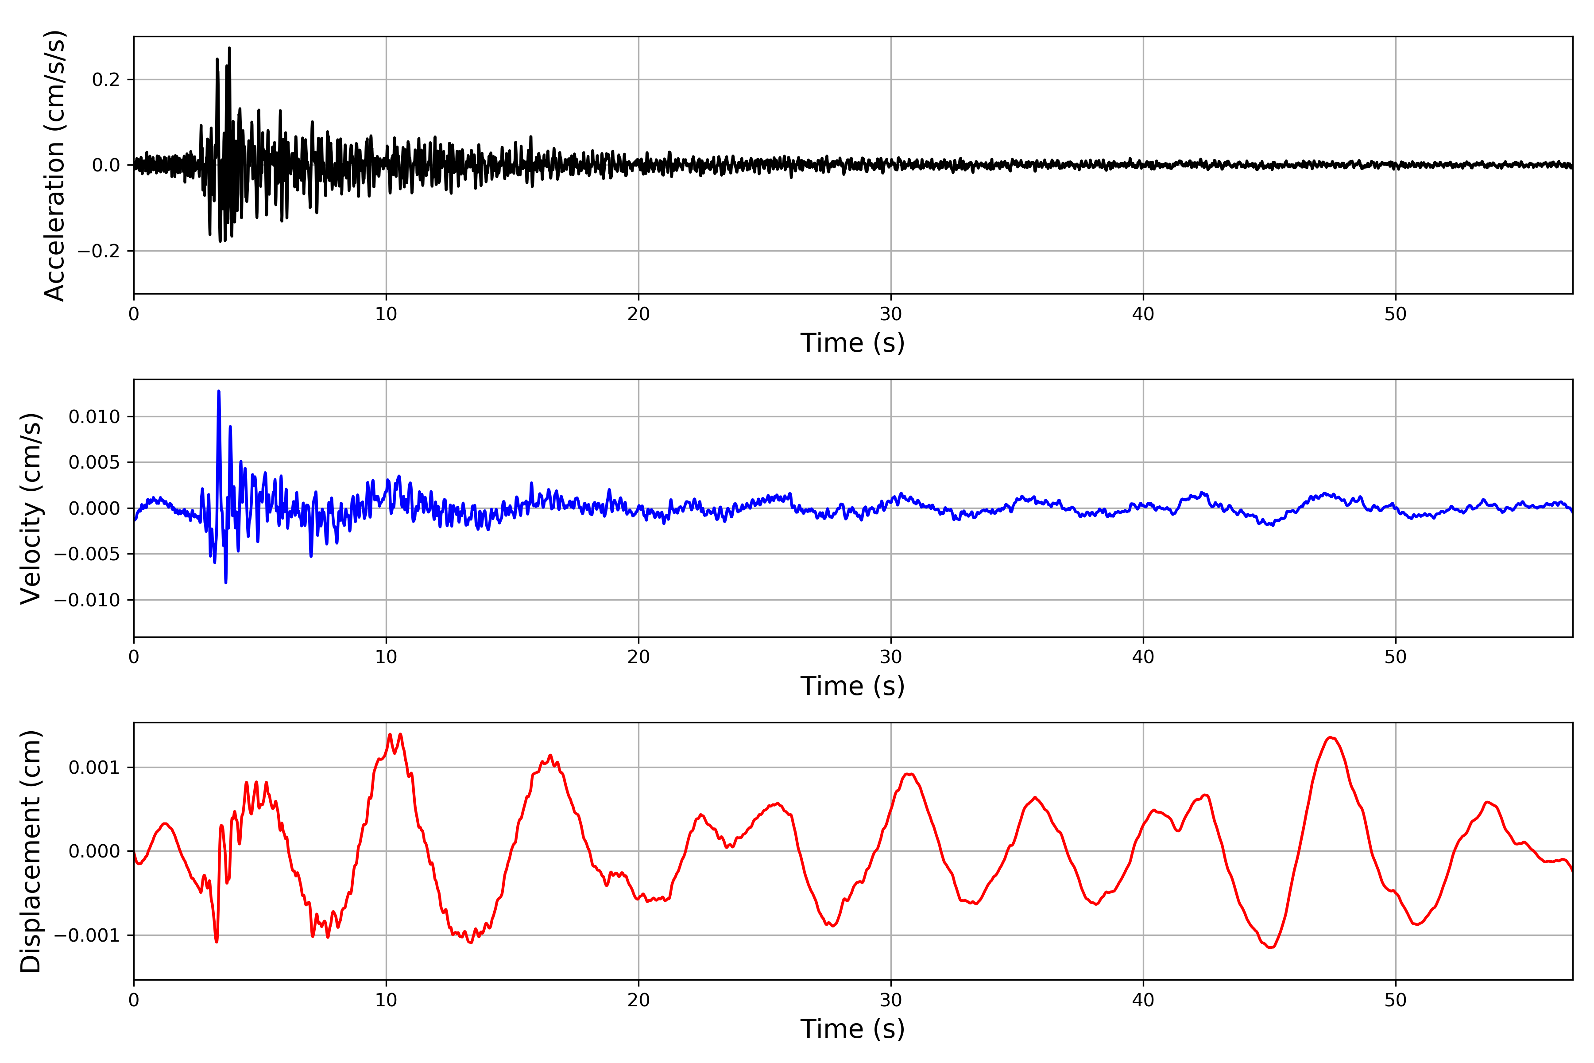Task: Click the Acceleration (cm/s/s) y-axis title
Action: (x=54, y=165)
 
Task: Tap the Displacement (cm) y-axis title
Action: (x=31, y=851)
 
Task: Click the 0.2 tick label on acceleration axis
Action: (x=106, y=80)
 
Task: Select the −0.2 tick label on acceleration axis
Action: (x=98, y=252)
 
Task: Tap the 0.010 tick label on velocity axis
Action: (x=94, y=417)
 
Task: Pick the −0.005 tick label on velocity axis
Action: (x=87, y=555)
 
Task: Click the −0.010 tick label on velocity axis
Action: (x=87, y=600)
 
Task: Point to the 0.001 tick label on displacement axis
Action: (x=94, y=768)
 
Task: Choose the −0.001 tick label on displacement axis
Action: (x=87, y=935)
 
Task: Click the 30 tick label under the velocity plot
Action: (x=890, y=657)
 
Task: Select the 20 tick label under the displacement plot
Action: (x=638, y=1000)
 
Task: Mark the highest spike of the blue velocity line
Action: (x=218, y=391)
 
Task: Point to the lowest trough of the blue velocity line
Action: (x=226, y=582)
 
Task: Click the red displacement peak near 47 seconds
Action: (x=1331, y=737)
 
